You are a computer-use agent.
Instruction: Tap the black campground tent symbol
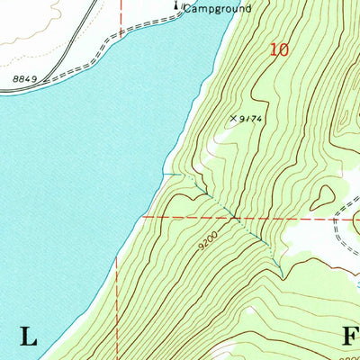tap(177, 8)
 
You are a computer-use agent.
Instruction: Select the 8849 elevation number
tap(26, 80)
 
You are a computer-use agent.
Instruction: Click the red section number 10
tap(279, 50)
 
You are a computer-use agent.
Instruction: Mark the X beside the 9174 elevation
tap(233, 118)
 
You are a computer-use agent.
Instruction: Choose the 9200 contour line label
tap(205, 243)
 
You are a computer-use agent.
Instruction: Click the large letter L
tap(29, 337)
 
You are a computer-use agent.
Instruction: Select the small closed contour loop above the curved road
tap(324, 192)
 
